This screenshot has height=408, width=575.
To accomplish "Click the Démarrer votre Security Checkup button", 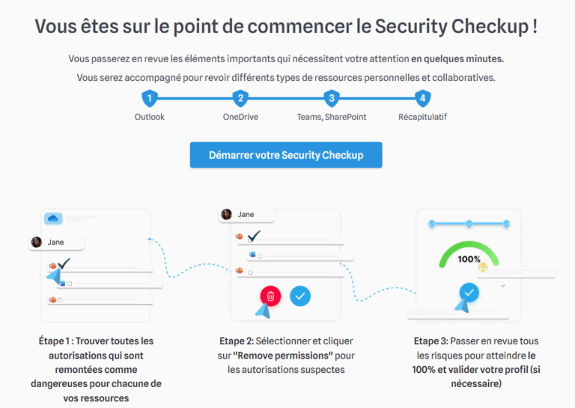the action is (286, 155).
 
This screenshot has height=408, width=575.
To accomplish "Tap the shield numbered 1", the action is (150, 98).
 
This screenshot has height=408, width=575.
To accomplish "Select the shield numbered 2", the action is (240, 98).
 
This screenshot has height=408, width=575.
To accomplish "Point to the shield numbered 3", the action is (332, 98).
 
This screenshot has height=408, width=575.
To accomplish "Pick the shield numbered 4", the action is (423, 98).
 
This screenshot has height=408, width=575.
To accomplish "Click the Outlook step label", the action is (150, 117).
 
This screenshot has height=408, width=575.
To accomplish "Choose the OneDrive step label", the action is (240, 117).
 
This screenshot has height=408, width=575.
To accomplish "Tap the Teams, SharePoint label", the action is (332, 117).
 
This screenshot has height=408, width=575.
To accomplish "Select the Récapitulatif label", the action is (423, 117).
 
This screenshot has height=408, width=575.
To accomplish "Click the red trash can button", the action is (270, 296).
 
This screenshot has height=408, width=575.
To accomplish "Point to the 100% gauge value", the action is (469, 259).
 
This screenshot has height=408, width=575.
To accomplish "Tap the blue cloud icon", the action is (53, 219).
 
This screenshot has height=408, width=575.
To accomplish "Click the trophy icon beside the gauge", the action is (483, 267).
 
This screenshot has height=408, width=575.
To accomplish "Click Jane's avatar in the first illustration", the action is (36, 242).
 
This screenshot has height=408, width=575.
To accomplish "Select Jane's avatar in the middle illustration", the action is (227, 214).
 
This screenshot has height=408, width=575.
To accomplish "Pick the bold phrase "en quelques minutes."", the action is (457, 58).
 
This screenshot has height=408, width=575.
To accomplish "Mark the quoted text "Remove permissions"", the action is (283, 356).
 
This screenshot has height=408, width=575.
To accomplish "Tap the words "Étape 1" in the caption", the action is (54, 341).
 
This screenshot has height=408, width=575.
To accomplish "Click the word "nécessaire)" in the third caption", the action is (476, 384).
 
